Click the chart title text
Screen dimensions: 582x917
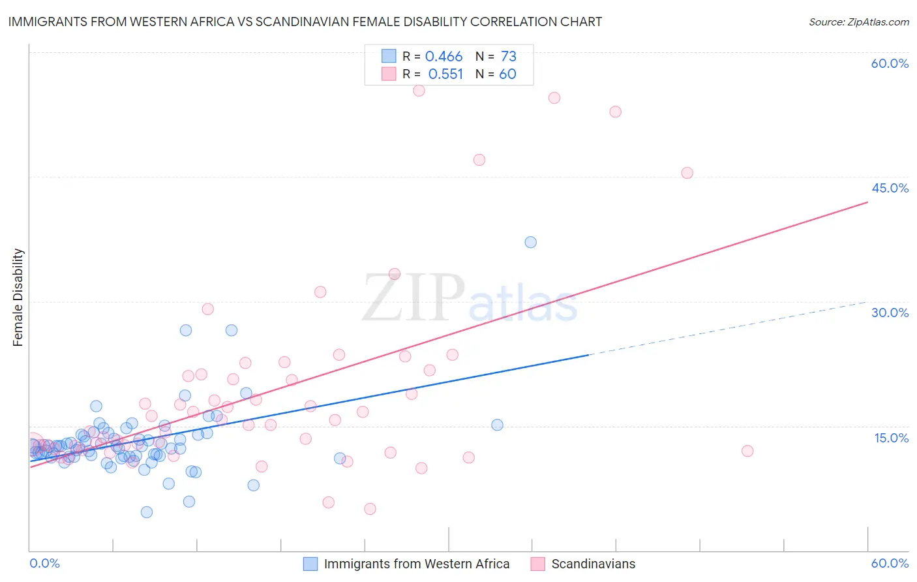pyautogui.click(x=305, y=22)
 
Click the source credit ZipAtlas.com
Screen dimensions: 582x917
pyautogui.click(x=858, y=22)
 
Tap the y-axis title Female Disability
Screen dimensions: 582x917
pyautogui.click(x=18, y=297)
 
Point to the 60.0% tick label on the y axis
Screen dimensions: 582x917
pyautogui.click(x=890, y=63)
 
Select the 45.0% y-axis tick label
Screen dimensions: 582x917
pyautogui.click(x=890, y=188)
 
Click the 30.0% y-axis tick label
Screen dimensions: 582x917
pyautogui.click(x=890, y=313)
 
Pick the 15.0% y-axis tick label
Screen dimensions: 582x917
pyautogui.click(x=891, y=437)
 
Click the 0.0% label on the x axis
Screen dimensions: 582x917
pyautogui.click(x=44, y=563)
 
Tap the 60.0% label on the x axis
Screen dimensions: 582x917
pyautogui.click(x=890, y=563)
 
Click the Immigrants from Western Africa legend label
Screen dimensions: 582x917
pyautogui.click(x=416, y=564)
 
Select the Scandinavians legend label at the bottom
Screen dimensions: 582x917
pyautogui.click(x=593, y=564)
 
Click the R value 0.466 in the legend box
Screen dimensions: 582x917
pyautogui.click(x=443, y=57)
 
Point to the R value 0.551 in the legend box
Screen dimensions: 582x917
pyautogui.click(x=445, y=74)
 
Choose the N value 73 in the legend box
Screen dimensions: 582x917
pyautogui.click(x=508, y=57)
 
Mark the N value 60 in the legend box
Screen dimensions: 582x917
pyautogui.click(x=507, y=74)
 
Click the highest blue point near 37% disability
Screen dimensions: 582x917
pyautogui.click(x=530, y=242)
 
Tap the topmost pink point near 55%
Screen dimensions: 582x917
pyautogui.click(x=419, y=91)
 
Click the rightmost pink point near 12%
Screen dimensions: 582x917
pyautogui.click(x=747, y=451)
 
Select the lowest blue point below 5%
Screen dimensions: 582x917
pyautogui.click(x=147, y=512)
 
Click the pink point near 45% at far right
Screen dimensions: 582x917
pyautogui.click(x=687, y=173)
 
